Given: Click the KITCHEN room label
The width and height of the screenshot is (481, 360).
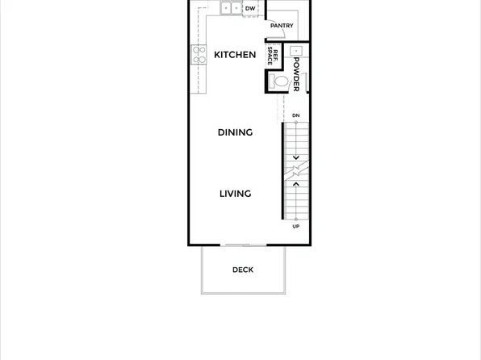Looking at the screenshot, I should click(235, 55).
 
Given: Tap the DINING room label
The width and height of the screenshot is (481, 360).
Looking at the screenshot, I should click(235, 132).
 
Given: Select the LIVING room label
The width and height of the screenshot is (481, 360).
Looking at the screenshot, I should click(235, 194).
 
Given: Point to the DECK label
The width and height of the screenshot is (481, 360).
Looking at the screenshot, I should click(243, 270).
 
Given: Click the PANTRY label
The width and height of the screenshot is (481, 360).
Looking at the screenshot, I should click(282, 26).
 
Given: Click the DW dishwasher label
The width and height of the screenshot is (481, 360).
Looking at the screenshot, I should click(250, 9).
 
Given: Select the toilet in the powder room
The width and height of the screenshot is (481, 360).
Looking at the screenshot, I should click(279, 81).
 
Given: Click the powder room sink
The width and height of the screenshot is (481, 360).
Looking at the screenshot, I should click(296, 50).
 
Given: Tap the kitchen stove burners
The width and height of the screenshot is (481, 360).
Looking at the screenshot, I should click(199, 55).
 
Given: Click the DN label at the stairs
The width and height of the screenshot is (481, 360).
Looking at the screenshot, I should click(296, 115).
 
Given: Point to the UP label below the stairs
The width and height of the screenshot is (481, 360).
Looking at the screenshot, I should click(296, 226).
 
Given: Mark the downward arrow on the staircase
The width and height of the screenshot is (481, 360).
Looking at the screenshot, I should click(296, 157).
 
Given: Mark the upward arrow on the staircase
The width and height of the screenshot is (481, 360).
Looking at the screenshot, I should click(296, 185).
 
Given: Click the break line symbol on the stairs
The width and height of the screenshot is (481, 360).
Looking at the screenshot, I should click(296, 171).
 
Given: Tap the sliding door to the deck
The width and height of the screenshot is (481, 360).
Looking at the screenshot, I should click(244, 245).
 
